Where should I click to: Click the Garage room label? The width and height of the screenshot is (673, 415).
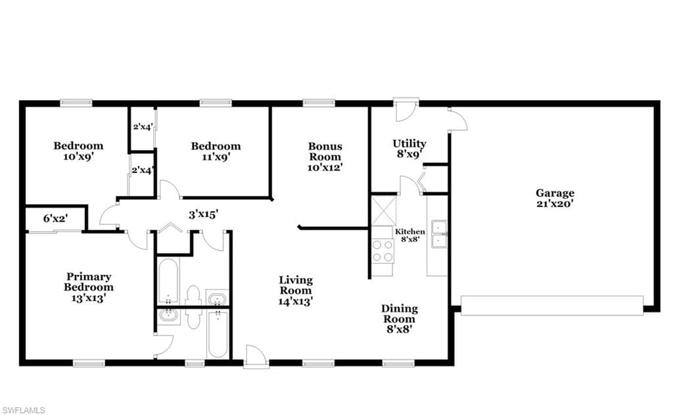[555, 199]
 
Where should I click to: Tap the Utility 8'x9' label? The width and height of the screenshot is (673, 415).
[409, 149]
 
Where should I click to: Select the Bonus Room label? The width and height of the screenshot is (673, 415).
[325, 157]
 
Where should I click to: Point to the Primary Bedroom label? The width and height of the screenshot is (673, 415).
[89, 287]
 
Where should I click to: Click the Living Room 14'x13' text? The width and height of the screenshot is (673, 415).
[296, 291]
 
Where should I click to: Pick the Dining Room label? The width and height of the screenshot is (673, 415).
[399, 319]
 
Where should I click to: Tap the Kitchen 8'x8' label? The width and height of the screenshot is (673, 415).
[410, 235]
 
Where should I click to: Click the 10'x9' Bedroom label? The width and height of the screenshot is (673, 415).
[78, 151]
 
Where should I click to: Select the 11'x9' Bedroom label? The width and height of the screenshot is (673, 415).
[216, 151]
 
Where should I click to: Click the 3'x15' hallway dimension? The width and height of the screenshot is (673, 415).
[204, 214]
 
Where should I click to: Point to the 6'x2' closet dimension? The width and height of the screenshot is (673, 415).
[55, 218]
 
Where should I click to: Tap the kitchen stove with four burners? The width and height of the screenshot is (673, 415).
[383, 251]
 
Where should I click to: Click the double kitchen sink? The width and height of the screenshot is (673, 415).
[439, 235]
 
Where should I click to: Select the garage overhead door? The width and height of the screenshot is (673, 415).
[552, 305]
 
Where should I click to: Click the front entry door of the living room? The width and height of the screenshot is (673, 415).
[256, 356]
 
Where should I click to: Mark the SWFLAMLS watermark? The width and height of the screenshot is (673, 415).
[23, 410]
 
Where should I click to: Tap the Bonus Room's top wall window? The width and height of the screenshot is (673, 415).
[319, 103]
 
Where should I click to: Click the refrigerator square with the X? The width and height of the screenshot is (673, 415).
[384, 211]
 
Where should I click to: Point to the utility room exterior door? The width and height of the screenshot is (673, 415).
[406, 109]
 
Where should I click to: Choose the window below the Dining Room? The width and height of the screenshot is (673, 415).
[399, 364]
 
